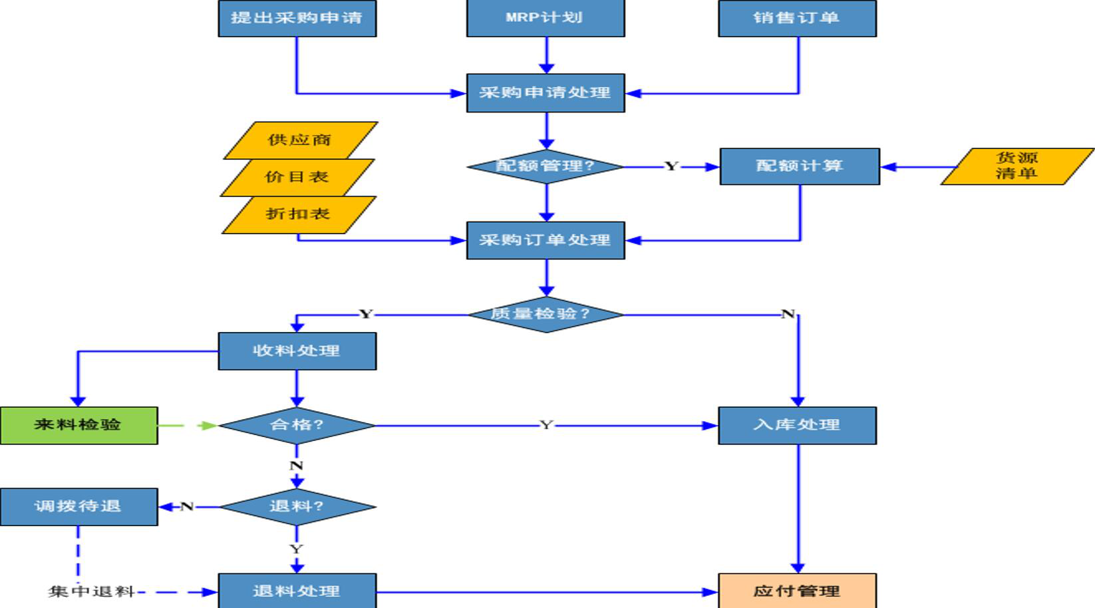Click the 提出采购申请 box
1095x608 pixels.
[x=297, y=18]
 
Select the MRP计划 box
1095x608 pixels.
[x=546, y=18]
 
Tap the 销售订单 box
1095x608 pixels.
[x=797, y=18]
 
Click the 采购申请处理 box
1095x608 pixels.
[x=546, y=93]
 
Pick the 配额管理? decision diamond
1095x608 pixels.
[x=546, y=167]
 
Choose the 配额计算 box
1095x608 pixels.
[x=800, y=167]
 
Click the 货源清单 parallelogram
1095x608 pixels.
[x=1017, y=167]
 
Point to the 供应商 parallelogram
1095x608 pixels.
[x=300, y=140]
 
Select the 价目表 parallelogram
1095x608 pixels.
[x=297, y=178]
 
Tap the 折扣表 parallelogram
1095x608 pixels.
[x=299, y=215]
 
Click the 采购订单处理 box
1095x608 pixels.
[x=546, y=240]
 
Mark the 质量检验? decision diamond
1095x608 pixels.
[x=546, y=315]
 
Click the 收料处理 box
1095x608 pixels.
[x=297, y=351]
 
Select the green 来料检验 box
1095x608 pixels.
[x=78, y=426]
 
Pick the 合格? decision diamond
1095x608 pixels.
[x=297, y=426]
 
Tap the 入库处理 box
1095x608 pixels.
[x=797, y=426]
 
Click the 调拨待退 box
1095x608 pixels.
[x=78, y=507]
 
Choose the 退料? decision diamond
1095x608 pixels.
[x=297, y=507]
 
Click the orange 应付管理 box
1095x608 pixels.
[x=797, y=591]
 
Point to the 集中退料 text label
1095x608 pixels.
[x=91, y=592]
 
